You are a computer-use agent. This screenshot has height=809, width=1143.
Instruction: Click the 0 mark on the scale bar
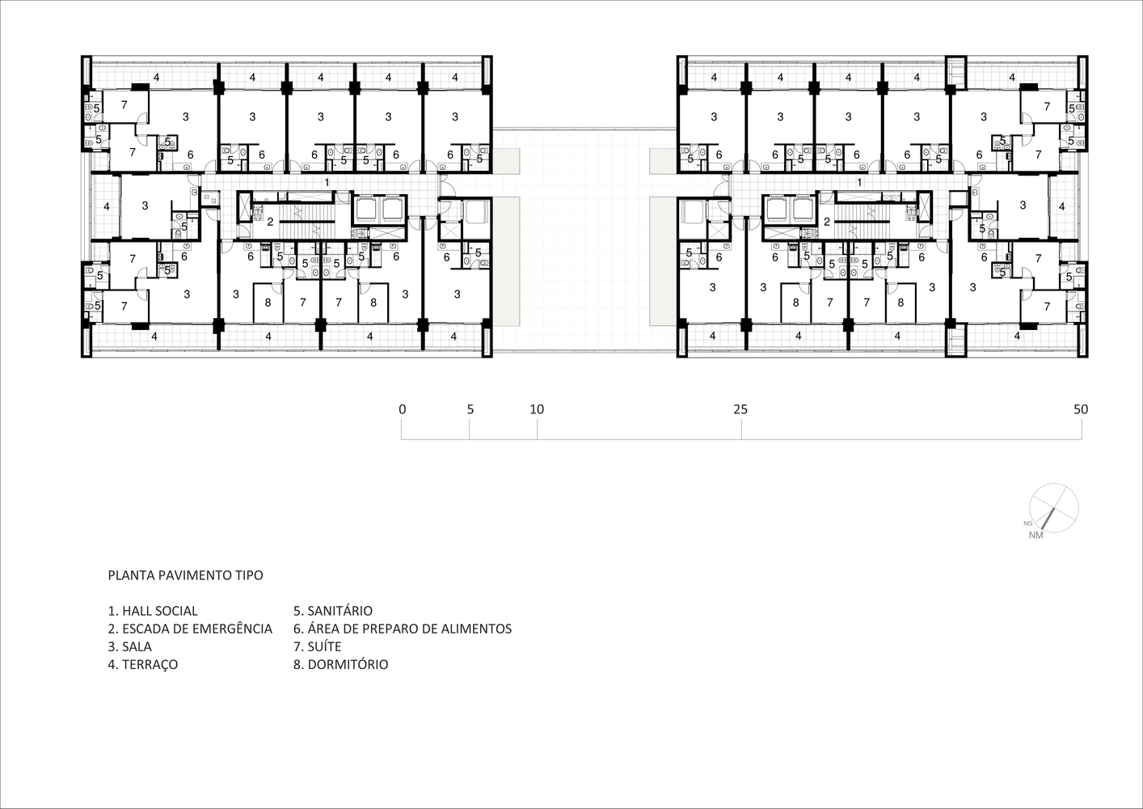403,409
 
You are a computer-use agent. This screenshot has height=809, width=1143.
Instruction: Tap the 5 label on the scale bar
470,409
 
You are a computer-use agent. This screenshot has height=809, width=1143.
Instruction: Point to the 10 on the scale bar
537,409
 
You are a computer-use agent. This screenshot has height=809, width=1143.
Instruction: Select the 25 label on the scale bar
740,409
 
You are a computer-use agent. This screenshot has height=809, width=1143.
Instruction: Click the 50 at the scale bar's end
1081,409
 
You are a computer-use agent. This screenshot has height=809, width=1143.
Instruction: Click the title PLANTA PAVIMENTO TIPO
186,575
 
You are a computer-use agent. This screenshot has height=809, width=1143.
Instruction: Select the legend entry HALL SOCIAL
153,611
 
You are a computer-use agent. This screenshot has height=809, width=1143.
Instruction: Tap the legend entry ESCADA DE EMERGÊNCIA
190,629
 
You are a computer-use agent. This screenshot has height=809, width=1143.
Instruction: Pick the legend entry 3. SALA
129,646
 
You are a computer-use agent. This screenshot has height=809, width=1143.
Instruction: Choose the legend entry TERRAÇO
143,664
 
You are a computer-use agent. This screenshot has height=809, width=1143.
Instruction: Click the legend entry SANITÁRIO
333,611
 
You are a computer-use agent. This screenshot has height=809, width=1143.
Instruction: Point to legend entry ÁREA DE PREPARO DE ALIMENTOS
403,629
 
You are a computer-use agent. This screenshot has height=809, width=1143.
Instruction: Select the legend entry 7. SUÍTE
317,646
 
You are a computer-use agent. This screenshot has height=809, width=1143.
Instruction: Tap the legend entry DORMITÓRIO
340,664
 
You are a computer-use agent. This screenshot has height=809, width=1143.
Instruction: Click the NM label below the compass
1035,536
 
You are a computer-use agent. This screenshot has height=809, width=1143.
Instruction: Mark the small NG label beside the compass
1027,523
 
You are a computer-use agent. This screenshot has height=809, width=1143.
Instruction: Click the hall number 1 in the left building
327,182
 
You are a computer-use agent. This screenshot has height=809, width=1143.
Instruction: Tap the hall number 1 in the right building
859,182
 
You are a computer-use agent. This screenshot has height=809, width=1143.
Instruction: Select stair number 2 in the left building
271,222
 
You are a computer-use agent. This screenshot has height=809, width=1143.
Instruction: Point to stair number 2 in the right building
827,222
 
